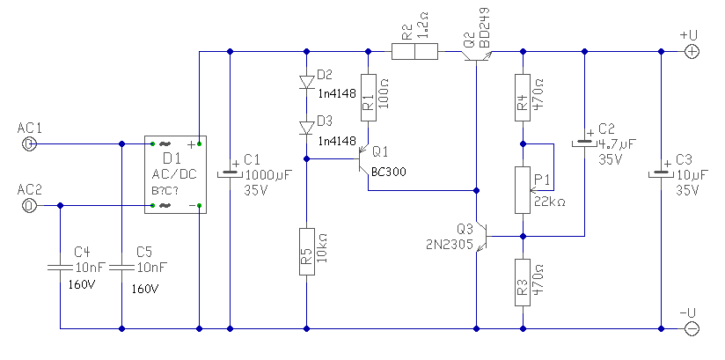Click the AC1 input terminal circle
point(29,143)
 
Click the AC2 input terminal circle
point(29,205)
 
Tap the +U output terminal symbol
point(692,51)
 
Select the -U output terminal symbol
point(692,328)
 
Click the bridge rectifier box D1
point(176,174)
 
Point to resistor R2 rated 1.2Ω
point(414,51)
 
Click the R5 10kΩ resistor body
point(306,252)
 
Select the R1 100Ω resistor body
point(368,97)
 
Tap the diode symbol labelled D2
point(306,82)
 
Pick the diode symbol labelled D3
point(306,128)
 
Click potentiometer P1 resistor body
point(523,190)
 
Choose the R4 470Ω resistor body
point(523,97)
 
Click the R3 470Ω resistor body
point(523,283)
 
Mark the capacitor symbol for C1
point(230,173)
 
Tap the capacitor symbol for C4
point(60,267)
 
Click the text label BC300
point(388,173)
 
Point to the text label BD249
point(485,28)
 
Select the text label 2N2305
point(450,245)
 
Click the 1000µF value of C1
point(268,175)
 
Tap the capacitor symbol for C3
point(661,173)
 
